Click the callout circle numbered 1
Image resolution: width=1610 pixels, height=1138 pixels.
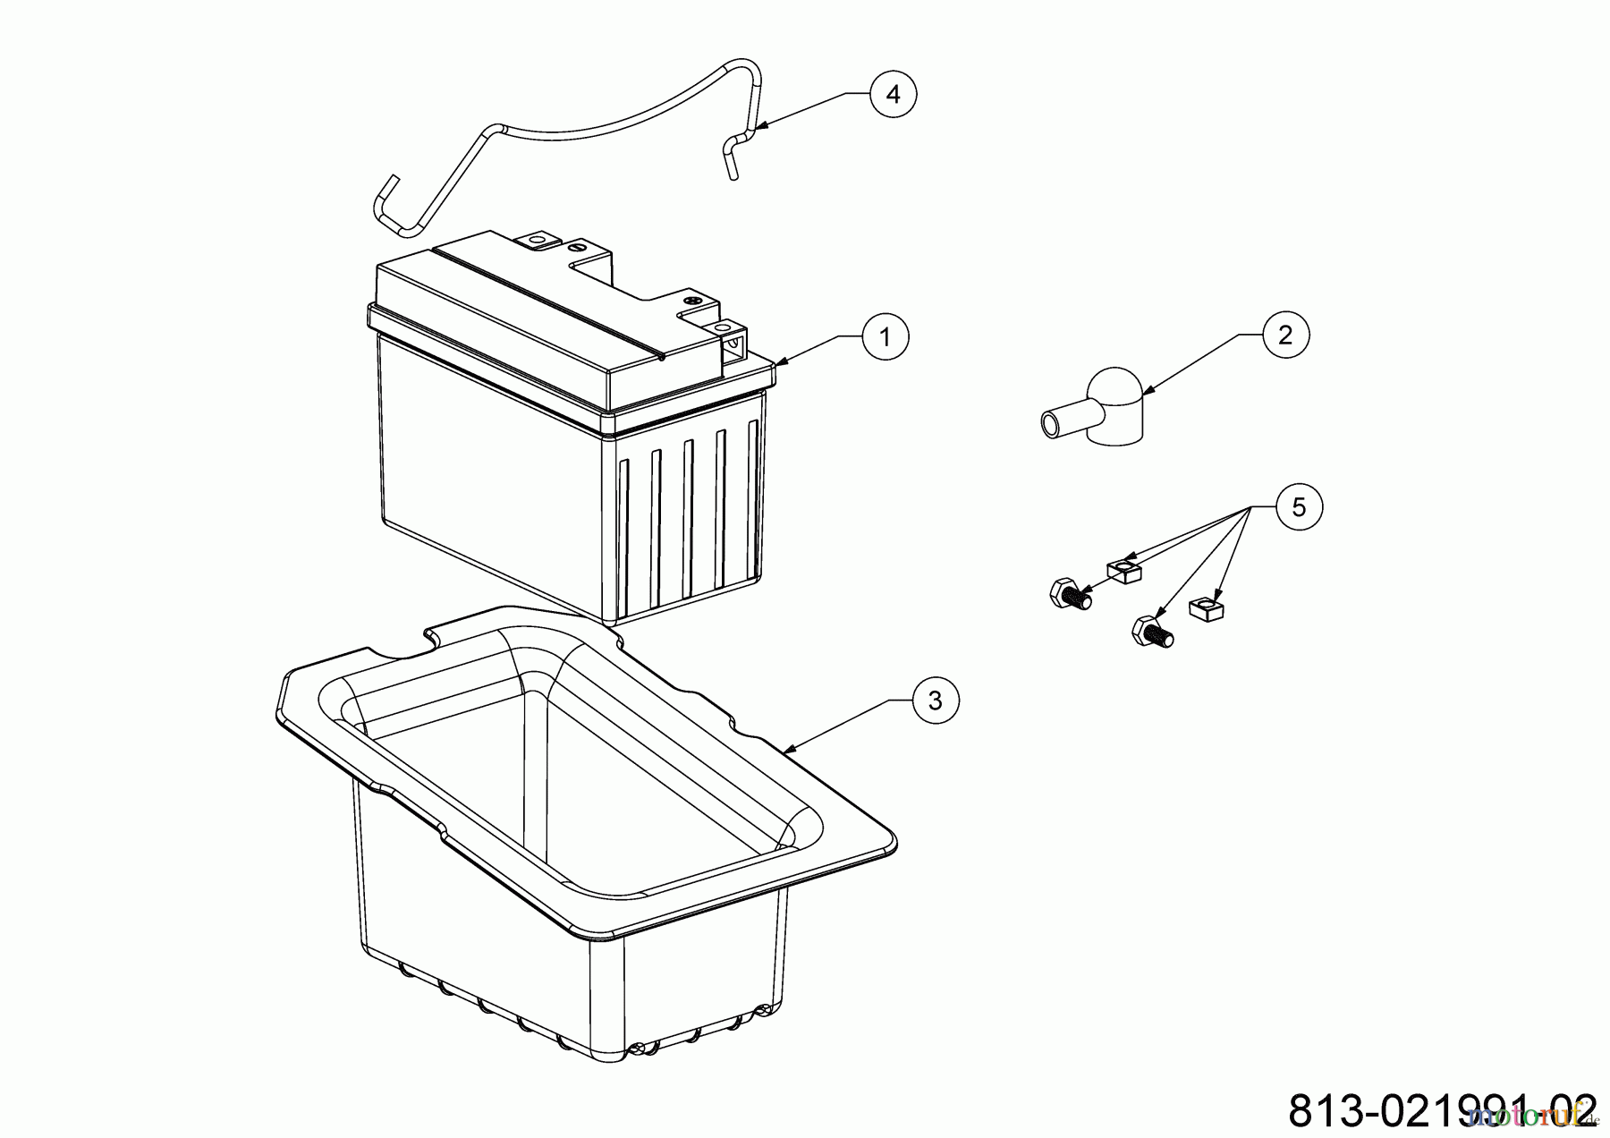tap(885, 336)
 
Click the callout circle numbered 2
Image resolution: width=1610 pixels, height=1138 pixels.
tap(1285, 335)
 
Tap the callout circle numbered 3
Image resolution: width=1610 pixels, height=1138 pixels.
tap(935, 701)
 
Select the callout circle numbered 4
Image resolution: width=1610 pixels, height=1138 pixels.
tap(894, 93)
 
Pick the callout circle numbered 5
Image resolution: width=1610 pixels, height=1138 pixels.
tap(1299, 507)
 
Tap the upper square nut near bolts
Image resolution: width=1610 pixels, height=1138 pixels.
tap(1124, 570)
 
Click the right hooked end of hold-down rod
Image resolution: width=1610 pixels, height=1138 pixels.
tap(732, 157)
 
